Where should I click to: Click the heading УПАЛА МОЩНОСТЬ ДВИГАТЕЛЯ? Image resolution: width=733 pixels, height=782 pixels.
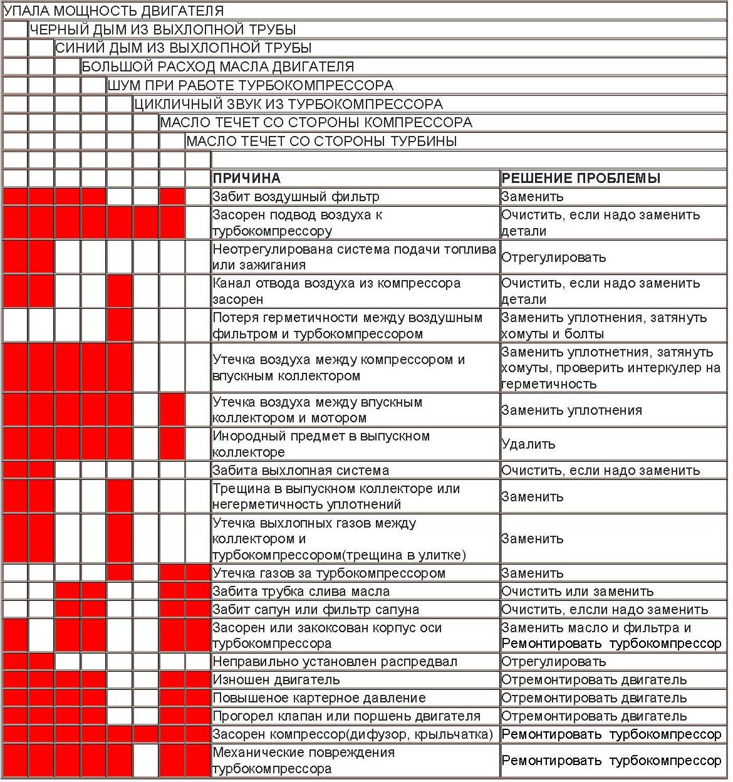pyautogui.click(x=113, y=11)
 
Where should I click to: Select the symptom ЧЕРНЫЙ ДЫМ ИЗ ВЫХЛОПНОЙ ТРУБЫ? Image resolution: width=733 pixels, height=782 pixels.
pyautogui.click(x=162, y=29)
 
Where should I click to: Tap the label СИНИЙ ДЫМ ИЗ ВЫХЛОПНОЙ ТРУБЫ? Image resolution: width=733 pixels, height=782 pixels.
pyautogui.click(x=183, y=48)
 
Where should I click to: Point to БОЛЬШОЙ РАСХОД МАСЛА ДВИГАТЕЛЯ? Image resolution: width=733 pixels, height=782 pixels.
pyautogui.click(x=217, y=66)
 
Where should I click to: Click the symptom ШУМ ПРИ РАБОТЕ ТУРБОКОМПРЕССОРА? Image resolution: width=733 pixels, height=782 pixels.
pyautogui.click(x=250, y=85)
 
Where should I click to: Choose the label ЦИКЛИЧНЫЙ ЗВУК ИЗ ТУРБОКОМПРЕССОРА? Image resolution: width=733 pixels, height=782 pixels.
pyautogui.click(x=288, y=104)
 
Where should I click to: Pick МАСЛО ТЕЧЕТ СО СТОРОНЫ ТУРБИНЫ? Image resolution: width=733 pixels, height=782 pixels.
pyautogui.click(x=321, y=141)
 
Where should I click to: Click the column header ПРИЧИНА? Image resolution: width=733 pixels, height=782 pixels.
pyautogui.click(x=246, y=178)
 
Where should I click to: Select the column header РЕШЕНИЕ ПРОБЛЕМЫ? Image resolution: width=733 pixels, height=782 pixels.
pyautogui.click(x=581, y=178)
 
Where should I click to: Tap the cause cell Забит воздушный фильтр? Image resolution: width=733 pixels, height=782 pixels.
pyautogui.click(x=296, y=197)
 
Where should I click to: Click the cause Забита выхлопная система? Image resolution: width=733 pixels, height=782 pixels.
pyautogui.click(x=301, y=471)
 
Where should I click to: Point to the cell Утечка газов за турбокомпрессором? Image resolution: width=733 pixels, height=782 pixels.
pyautogui.click(x=329, y=573)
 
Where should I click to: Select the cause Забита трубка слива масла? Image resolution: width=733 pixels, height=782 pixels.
pyautogui.click(x=301, y=591)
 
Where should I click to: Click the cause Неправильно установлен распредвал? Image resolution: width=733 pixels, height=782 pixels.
pyautogui.click(x=335, y=662)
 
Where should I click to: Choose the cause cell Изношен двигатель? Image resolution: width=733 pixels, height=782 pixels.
pyautogui.click(x=276, y=680)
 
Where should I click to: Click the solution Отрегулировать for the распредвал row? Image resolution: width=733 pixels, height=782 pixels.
pyautogui.click(x=554, y=662)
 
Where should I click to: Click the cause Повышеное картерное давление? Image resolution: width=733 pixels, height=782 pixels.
pyautogui.click(x=319, y=698)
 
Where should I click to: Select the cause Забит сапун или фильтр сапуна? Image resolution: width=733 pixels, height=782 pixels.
pyautogui.click(x=316, y=609)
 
